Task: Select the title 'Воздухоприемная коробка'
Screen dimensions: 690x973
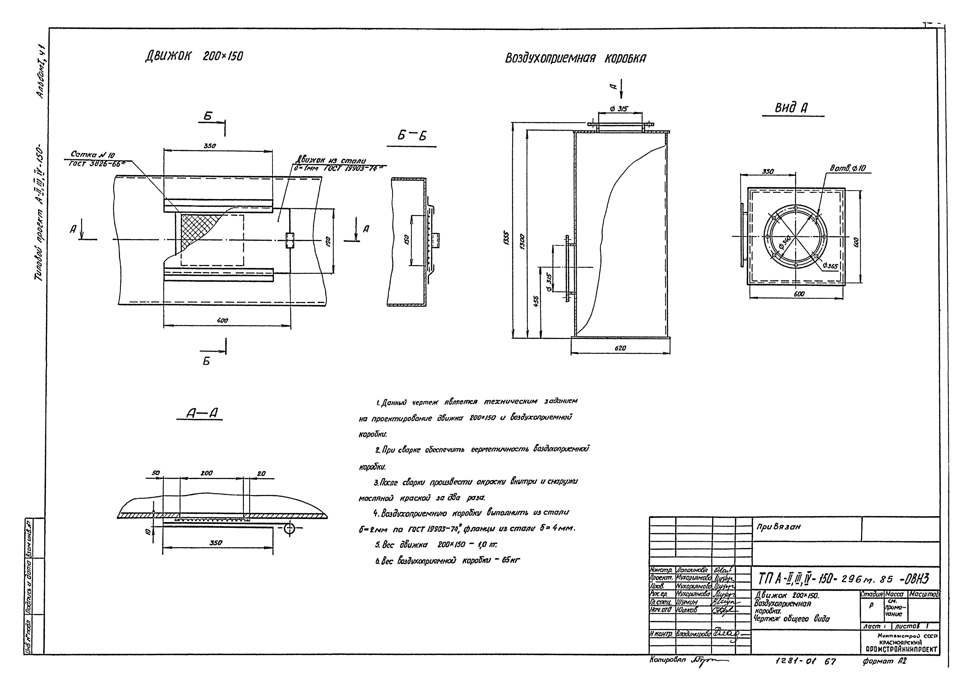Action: [575, 58]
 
